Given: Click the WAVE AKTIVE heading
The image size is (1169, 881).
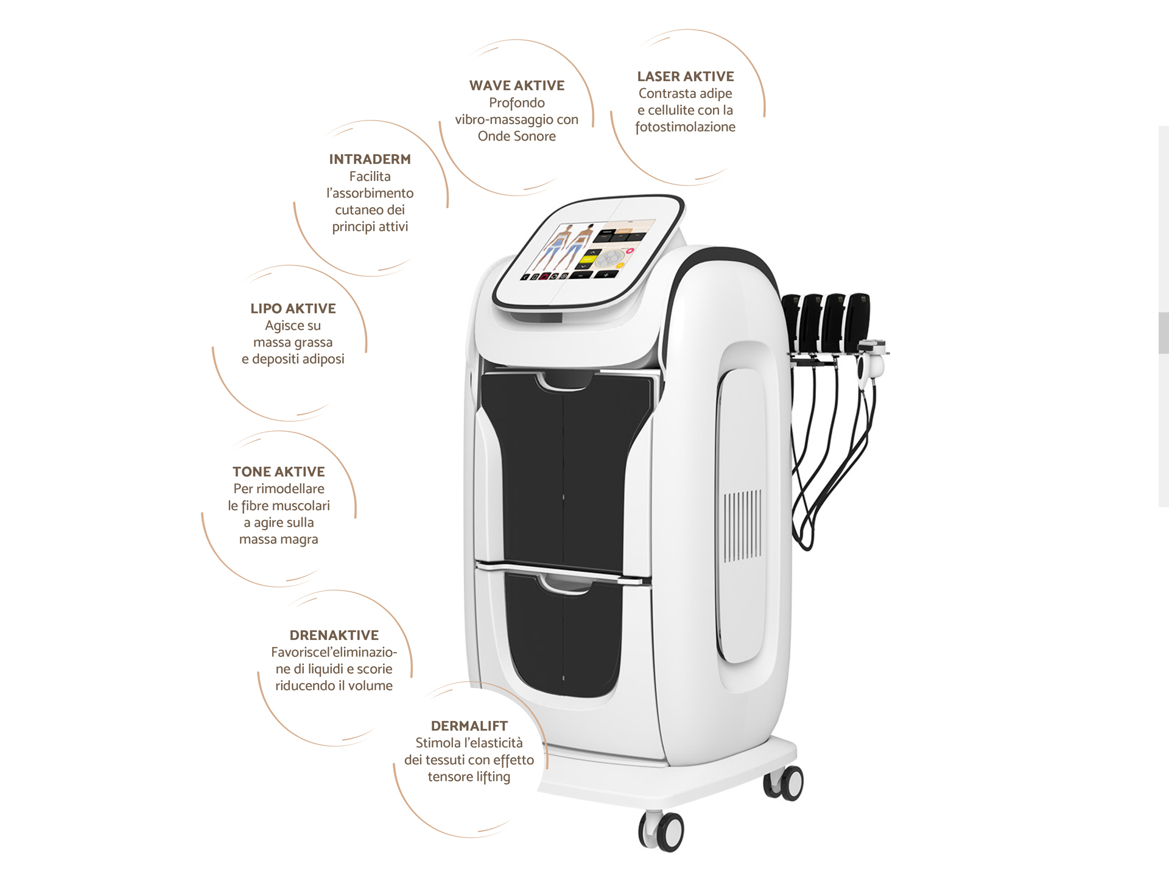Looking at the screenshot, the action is [517, 85].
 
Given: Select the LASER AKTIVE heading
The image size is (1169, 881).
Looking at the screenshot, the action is [686, 76].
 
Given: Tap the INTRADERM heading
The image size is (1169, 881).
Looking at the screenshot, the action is [370, 159].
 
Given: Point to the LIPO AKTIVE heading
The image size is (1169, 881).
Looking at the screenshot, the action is [293, 308].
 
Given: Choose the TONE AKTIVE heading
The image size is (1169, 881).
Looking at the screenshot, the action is [279, 471].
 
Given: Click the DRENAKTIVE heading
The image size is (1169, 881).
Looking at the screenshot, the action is [334, 635].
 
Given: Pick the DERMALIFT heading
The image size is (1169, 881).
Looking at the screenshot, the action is [469, 726].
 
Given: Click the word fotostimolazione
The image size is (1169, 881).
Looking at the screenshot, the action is [686, 127].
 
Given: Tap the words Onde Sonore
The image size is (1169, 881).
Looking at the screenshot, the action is [517, 136].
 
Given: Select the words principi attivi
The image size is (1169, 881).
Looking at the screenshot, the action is [370, 226].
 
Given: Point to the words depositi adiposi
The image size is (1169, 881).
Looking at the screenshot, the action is [298, 359].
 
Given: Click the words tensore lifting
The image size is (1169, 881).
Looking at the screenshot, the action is [469, 777].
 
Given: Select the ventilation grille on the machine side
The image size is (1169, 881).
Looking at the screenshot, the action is [742, 525].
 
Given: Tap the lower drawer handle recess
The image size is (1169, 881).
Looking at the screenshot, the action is [565, 583].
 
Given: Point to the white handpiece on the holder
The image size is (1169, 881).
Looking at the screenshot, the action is [871, 362].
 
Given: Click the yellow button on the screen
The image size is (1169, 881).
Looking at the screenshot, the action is [587, 260].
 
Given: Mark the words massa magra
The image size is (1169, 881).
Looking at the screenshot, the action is [279, 539].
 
